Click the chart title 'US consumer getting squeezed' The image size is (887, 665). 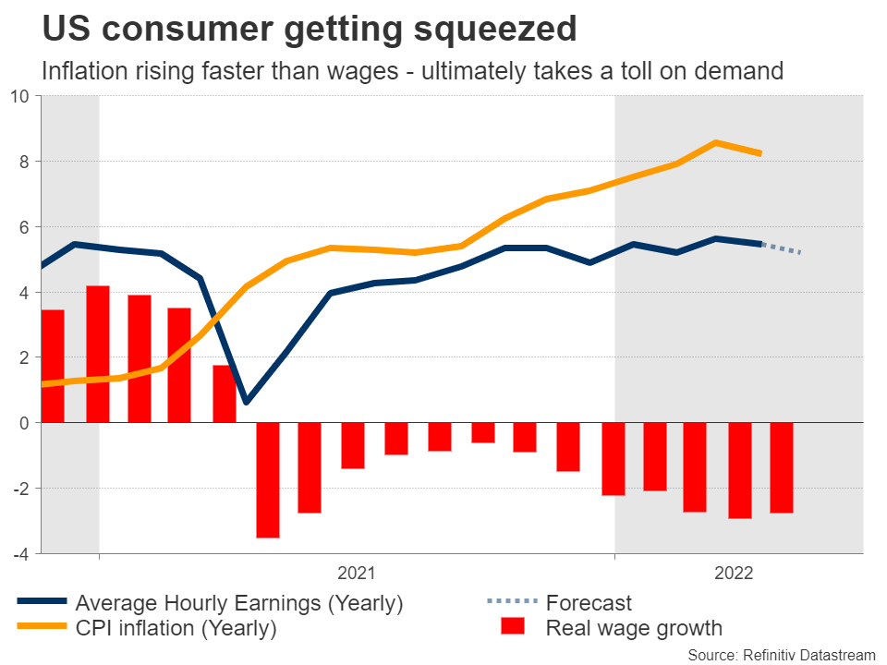pos(310,30)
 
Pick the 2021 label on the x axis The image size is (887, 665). pos(356,574)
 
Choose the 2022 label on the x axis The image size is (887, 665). pos(734,574)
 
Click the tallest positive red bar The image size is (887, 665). pos(98,354)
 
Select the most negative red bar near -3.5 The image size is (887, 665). pos(268,479)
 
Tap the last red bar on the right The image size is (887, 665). pos(782,467)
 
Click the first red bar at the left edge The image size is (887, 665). pos(53,366)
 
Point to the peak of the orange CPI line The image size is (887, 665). pos(716,142)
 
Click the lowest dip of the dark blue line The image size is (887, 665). pos(245,402)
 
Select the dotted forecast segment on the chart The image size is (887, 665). pos(782,248)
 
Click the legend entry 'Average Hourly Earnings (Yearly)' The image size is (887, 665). pos(239,603)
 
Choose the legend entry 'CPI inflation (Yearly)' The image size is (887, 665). pos(176,629)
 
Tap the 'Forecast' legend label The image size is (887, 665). pos(589,603)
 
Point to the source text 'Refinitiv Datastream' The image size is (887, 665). pos(803,653)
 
